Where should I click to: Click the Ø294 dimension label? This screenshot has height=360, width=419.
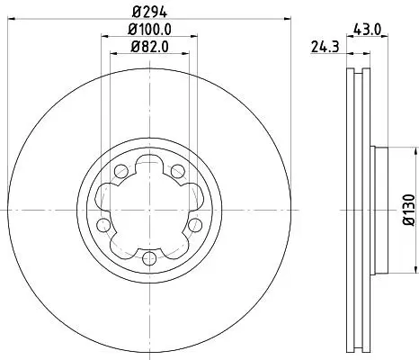pyautogui.click(x=149, y=12)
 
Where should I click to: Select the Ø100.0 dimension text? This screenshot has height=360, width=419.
pyautogui.click(x=149, y=30)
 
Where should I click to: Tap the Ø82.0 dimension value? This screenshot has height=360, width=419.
pyautogui.click(x=149, y=47)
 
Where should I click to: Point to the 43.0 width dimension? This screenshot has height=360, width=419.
pyautogui.click(x=367, y=30)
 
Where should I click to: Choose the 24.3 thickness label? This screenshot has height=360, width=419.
pyautogui.click(x=325, y=47)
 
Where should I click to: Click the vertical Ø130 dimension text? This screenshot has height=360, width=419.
pyautogui.click(x=409, y=210)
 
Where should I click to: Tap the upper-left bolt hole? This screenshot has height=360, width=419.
pyautogui.click(x=121, y=171)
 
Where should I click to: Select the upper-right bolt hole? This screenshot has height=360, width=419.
pyautogui.click(x=178, y=171)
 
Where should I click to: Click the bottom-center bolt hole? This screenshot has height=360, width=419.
pyautogui.click(x=149, y=258)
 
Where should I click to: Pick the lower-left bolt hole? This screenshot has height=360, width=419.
pyautogui.click(x=103, y=225)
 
